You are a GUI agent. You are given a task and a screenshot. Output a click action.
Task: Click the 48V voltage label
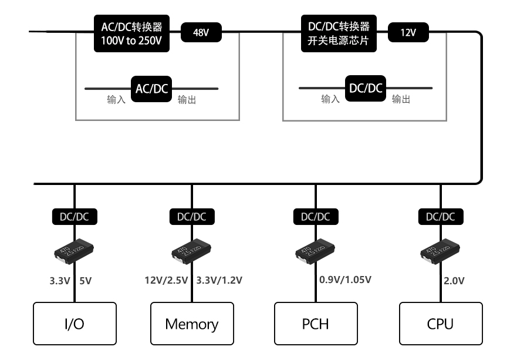(201, 33)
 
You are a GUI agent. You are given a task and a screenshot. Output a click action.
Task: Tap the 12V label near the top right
(408, 33)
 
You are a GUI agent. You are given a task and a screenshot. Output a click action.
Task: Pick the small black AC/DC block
(152, 89)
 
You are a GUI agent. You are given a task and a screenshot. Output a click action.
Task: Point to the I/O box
(74, 324)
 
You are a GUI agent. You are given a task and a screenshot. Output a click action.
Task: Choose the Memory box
(192, 324)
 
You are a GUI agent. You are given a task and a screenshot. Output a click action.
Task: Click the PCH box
(316, 324)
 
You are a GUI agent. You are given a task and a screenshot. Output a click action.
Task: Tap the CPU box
(440, 324)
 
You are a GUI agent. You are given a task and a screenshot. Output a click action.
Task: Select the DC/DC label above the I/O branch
(74, 217)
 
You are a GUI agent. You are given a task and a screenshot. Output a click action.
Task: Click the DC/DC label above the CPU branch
(440, 217)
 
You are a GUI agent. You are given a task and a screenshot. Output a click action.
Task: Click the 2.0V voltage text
(454, 281)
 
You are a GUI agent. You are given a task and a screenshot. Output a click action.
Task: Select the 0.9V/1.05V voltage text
(345, 280)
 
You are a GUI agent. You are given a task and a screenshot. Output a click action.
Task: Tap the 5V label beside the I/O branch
(85, 280)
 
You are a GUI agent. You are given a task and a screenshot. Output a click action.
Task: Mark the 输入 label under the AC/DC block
(116, 100)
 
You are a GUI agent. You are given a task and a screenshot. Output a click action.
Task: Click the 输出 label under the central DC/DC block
(401, 100)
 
